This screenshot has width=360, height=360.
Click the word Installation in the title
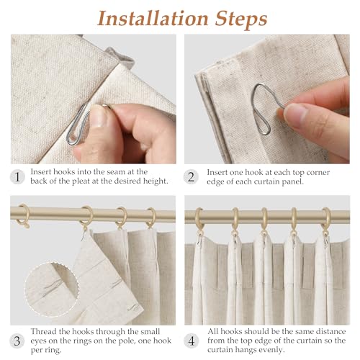(153, 19)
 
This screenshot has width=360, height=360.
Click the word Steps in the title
(240, 19)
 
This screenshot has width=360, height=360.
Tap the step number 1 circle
(17, 177)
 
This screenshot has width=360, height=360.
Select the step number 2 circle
(191, 177)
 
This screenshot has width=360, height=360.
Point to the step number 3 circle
(17, 341)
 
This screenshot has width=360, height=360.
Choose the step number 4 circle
(192, 341)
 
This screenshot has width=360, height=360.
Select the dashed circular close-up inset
(52, 289)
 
